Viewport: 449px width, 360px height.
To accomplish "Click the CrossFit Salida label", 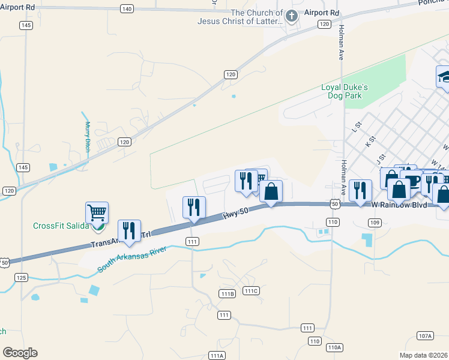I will tap(60, 226).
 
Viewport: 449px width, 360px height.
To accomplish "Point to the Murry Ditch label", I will tap(88, 137).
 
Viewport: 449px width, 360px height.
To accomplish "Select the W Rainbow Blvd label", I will tap(399, 205).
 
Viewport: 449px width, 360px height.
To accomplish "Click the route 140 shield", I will tap(127, 8).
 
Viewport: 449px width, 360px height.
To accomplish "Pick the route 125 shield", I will tap(22, 277).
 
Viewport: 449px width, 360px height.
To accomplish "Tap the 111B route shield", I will tap(227, 293).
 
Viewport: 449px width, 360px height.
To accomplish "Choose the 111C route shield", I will tap(251, 291).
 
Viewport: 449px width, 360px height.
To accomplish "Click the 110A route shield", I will tap(334, 347).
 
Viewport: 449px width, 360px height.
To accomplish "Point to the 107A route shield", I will tap(425, 335).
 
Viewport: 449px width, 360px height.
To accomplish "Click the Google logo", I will tap(20, 353).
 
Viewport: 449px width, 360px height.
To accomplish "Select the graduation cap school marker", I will tap(444, 77).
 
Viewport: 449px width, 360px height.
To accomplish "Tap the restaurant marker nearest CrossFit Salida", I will tap(129, 232).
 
